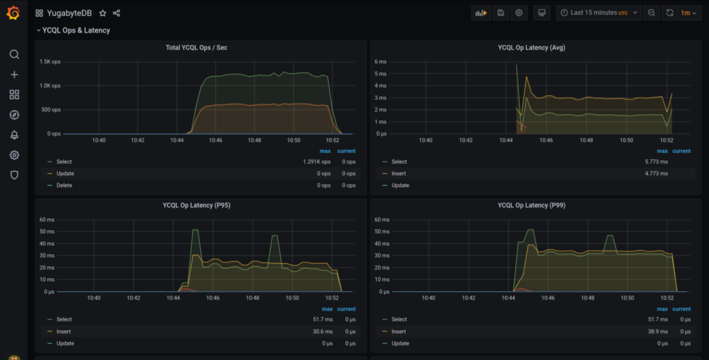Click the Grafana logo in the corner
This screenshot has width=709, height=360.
click(14, 13)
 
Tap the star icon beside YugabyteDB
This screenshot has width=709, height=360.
click(103, 13)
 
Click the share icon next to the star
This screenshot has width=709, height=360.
click(116, 13)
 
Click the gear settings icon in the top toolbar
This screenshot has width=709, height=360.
click(519, 13)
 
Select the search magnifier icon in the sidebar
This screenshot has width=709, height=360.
click(14, 55)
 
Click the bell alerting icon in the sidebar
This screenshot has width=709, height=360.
click(14, 135)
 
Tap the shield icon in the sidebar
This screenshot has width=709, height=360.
click(14, 175)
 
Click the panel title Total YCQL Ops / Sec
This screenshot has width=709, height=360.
click(197, 48)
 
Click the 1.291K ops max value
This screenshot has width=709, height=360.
click(317, 162)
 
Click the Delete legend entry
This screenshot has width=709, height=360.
click(64, 186)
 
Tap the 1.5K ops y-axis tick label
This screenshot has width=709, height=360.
click(50, 62)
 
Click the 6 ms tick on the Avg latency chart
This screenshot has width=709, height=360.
click(380, 62)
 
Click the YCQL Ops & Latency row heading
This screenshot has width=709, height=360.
click(75, 30)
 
